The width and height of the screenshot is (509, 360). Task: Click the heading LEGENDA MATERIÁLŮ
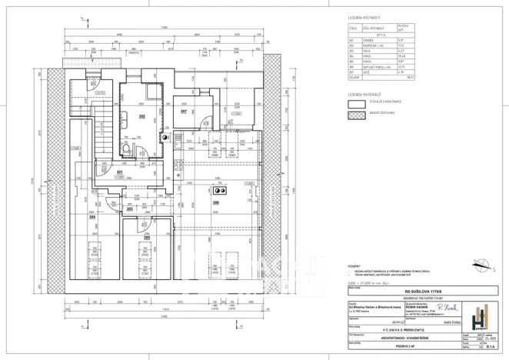pyautogui.click(x=366, y=94)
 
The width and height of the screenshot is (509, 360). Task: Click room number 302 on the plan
pyautogui.click(x=141, y=117)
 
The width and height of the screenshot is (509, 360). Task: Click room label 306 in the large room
pyautogui.click(x=216, y=203)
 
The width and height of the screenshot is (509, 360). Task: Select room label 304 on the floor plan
pyautogui.click(x=93, y=217)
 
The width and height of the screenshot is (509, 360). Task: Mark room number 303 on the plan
pyautogui.click(x=129, y=208)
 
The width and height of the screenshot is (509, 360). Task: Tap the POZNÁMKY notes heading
pyautogui.click(x=355, y=266)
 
